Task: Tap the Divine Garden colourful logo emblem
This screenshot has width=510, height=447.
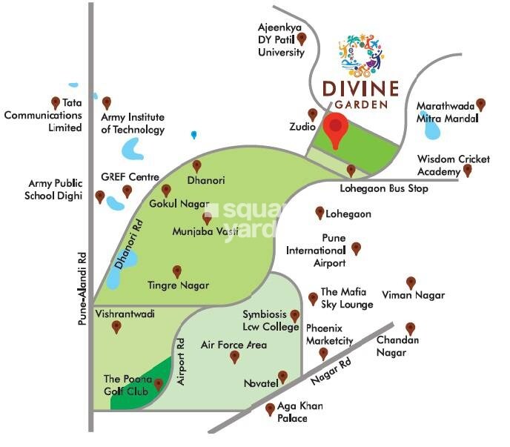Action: [360, 53]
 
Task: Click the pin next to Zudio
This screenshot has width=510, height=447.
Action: [313, 115]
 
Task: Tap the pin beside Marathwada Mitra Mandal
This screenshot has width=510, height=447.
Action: [481, 105]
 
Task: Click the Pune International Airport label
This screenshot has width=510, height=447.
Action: [317, 251]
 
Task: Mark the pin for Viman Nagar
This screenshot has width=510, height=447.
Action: [411, 282]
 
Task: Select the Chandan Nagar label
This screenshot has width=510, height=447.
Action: [398, 346]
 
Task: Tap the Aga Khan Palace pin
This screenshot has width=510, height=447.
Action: [270, 408]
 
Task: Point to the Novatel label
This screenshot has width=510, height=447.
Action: [260, 384]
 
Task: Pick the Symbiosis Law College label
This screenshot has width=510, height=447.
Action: [265, 320]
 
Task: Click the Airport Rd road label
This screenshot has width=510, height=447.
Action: [180, 361]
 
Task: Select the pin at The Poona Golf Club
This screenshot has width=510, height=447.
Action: [158, 384]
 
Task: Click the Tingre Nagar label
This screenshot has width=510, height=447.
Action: [178, 285]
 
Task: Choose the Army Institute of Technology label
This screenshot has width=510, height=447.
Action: [133, 124]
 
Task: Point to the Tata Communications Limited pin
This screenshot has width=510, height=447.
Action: [55, 102]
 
